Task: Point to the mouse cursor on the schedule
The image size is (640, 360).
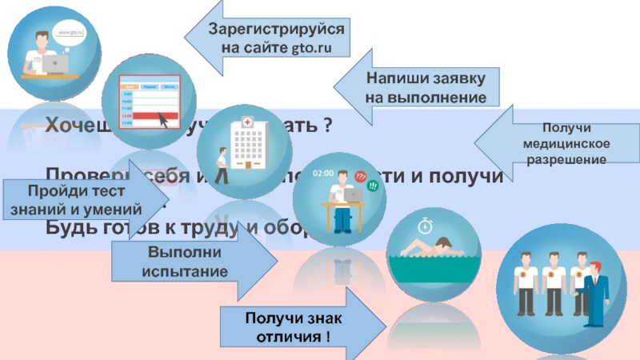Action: click(x=165, y=119)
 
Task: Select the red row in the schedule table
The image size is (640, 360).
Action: click(x=144, y=116)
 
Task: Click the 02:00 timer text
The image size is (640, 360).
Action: click(x=323, y=173)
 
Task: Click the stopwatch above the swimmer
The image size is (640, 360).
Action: click(x=426, y=218)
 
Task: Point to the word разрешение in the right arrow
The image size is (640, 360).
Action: click(x=566, y=160)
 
